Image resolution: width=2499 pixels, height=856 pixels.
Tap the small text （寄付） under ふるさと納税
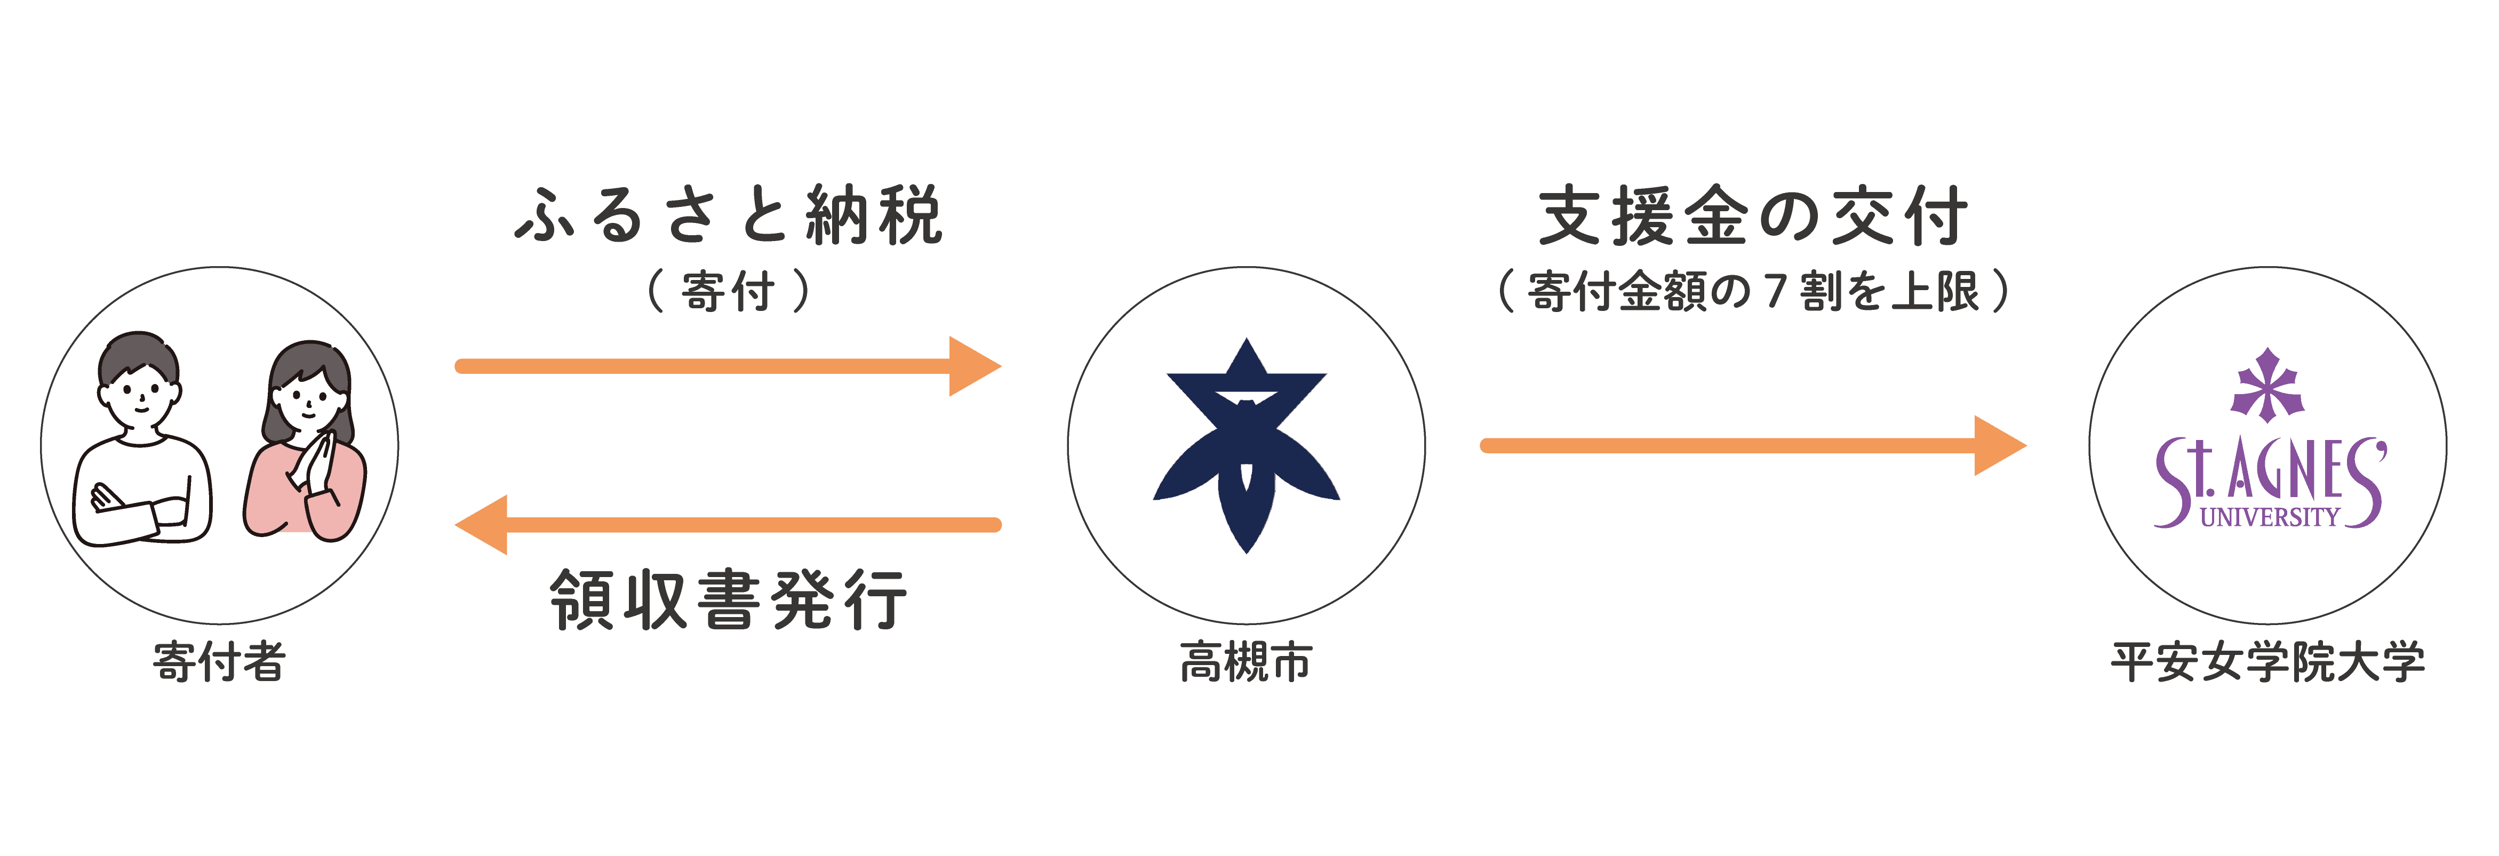coord(728,291)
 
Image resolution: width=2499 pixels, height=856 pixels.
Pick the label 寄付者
coord(219,663)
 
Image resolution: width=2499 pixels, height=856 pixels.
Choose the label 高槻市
coord(1245,663)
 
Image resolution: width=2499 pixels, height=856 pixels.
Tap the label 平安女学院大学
coord(2267,663)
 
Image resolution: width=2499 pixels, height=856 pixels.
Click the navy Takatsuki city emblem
coord(1245,446)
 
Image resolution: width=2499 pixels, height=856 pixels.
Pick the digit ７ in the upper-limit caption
coord(1774,291)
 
